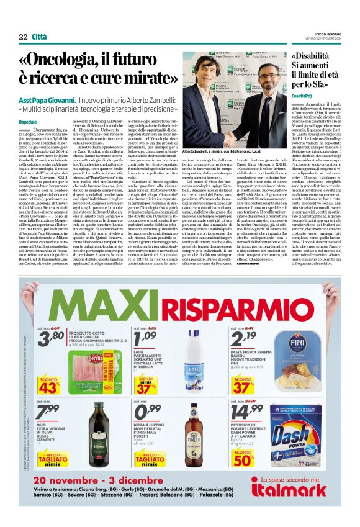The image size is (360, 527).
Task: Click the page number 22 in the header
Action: tap(23, 37)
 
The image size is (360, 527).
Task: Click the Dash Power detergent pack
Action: tap(305, 437)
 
